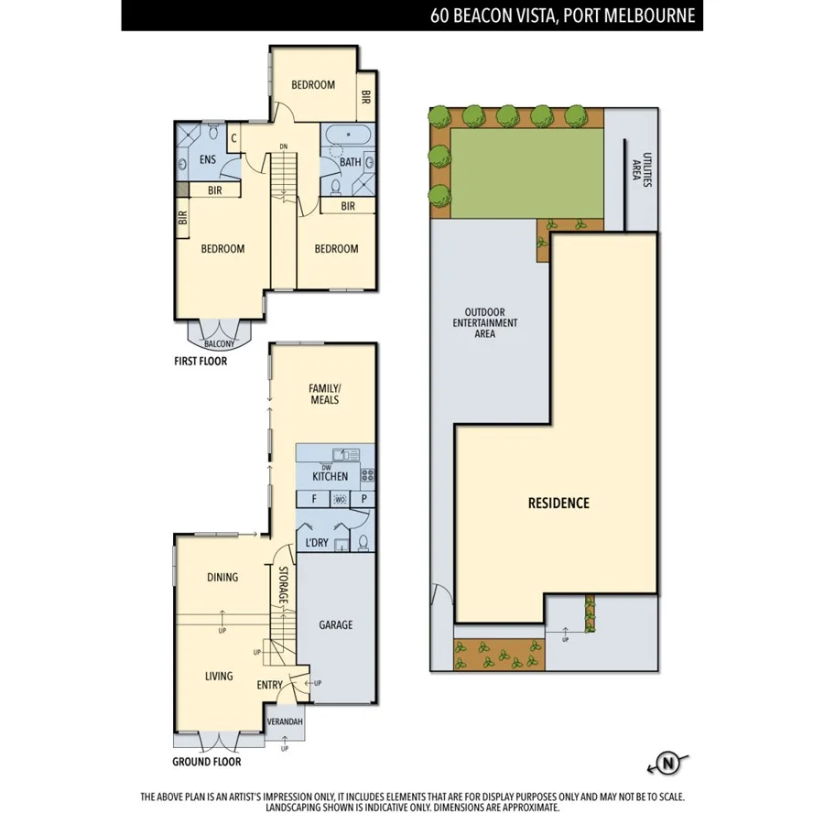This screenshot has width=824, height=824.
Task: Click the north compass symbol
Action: point(668,763)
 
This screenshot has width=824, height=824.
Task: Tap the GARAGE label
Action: point(335,625)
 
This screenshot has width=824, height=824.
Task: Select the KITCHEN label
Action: point(330,477)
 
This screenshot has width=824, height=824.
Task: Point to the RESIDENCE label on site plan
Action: point(558,504)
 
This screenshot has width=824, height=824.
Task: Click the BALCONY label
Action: point(219,344)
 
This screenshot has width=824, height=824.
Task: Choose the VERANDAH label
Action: point(284,722)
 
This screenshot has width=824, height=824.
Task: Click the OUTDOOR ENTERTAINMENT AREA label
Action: point(485,323)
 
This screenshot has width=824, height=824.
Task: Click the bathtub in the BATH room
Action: point(347,137)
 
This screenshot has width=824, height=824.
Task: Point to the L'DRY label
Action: point(316,543)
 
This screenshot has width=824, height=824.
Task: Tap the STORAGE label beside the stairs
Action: point(284,587)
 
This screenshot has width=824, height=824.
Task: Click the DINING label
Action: point(222,578)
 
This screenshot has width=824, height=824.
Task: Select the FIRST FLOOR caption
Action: point(201,362)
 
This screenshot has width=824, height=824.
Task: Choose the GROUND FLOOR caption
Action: point(207,762)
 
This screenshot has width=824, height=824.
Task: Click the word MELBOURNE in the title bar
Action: point(649,16)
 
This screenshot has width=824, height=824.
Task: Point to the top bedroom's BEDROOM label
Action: point(313,85)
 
